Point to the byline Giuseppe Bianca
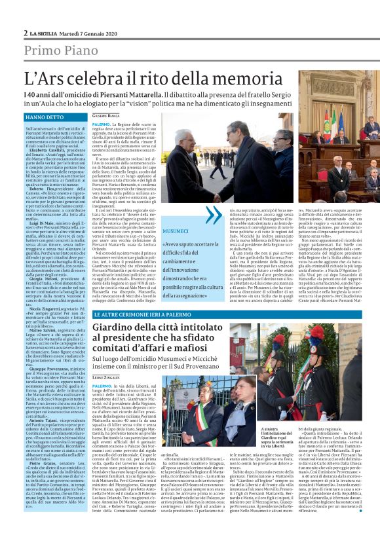[x=105, y=116]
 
